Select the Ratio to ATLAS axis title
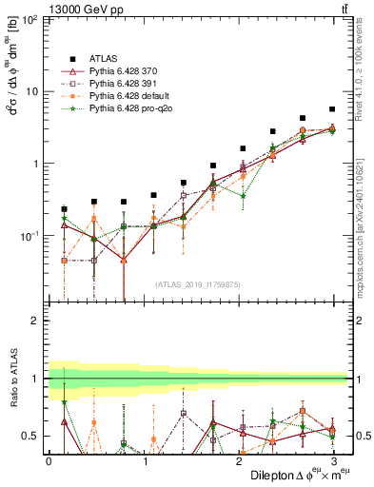click(x=13, y=378)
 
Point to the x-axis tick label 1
click(x=143, y=459)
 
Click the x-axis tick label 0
click(x=49, y=459)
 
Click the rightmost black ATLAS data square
click(x=331, y=109)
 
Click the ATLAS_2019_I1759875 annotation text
click(x=197, y=284)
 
